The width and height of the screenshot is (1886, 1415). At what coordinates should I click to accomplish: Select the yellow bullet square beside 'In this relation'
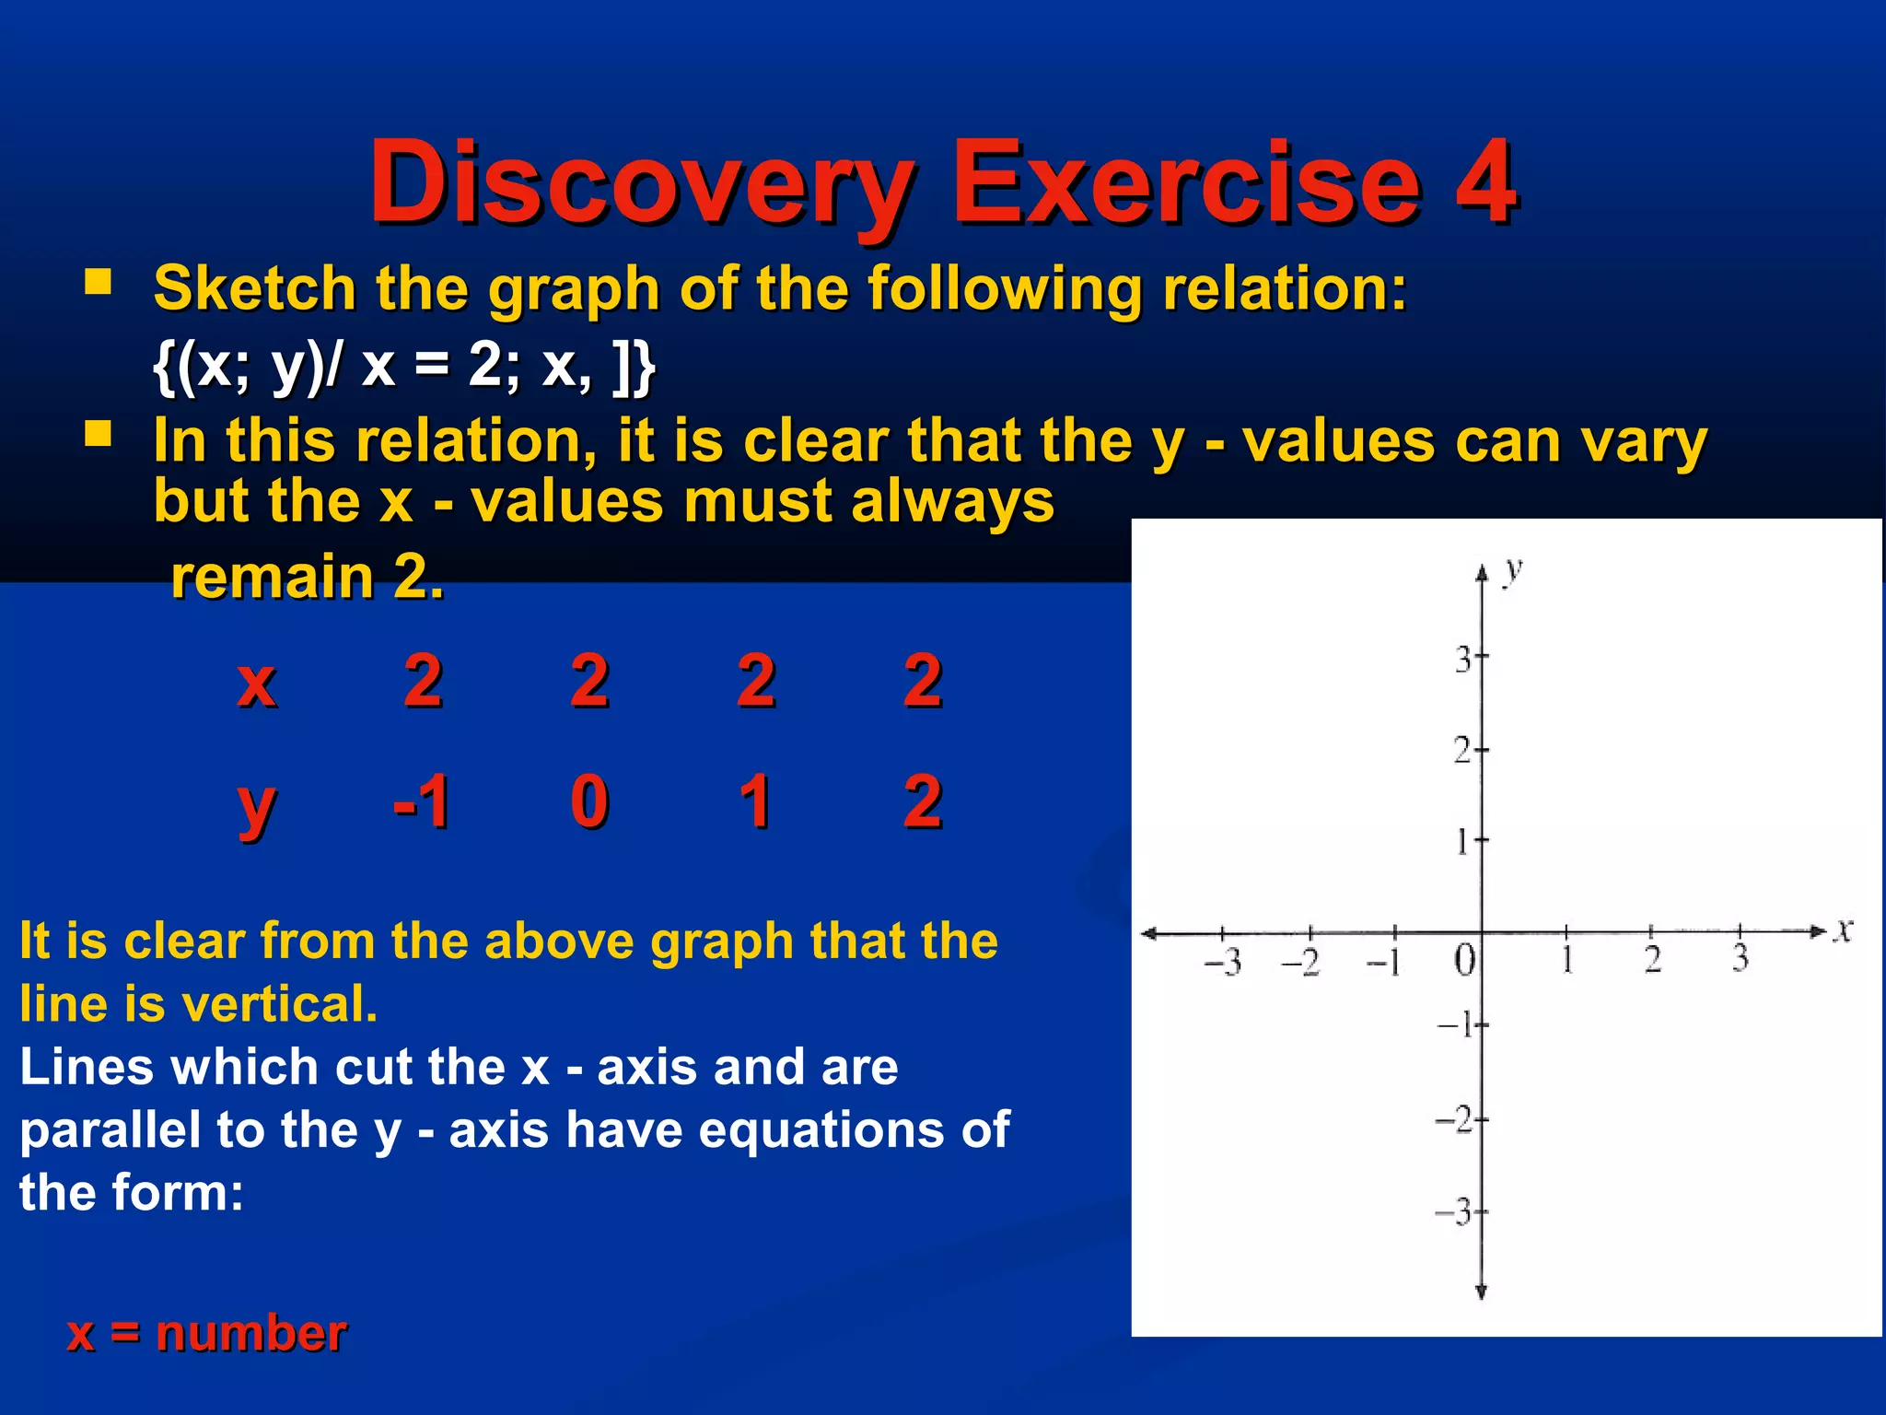tap(98, 433)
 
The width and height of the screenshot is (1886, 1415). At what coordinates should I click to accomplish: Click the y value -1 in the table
tap(421, 801)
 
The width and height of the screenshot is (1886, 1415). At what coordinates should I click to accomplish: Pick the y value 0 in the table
tap(589, 801)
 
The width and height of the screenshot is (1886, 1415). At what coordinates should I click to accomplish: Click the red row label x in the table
tap(257, 683)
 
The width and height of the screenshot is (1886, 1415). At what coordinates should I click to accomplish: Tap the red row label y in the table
tap(257, 806)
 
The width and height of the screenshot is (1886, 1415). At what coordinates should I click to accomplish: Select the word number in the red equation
tap(251, 1333)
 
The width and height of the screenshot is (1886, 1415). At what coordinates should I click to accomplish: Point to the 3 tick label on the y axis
tap(1462, 660)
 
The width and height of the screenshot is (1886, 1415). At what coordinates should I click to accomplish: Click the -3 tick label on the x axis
tap(1224, 962)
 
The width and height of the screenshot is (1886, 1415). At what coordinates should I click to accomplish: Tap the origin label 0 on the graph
tap(1464, 960)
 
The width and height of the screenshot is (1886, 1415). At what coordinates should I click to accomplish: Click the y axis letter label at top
tap(1512, 571)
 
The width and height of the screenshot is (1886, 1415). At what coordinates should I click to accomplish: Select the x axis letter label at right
tap(1842, 930)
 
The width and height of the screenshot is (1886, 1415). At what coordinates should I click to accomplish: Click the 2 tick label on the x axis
tap(1653, 960)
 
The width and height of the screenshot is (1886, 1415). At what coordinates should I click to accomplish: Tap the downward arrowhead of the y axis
tap(1482, 1292)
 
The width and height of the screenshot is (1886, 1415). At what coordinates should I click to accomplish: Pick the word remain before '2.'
tap(272, 578)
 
